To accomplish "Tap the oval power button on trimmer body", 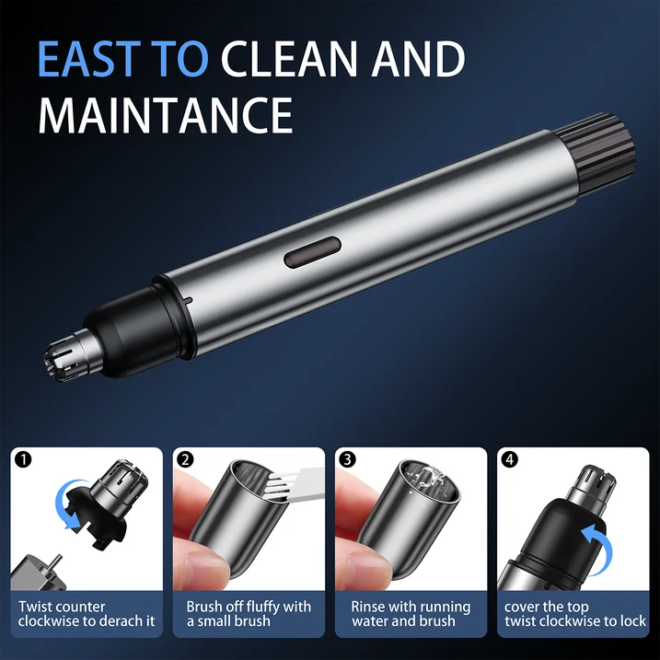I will pos(312,252).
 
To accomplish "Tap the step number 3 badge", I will pos(347,459).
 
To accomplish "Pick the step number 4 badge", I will pos(509,459).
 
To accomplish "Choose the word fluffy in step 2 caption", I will pos(259,608).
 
